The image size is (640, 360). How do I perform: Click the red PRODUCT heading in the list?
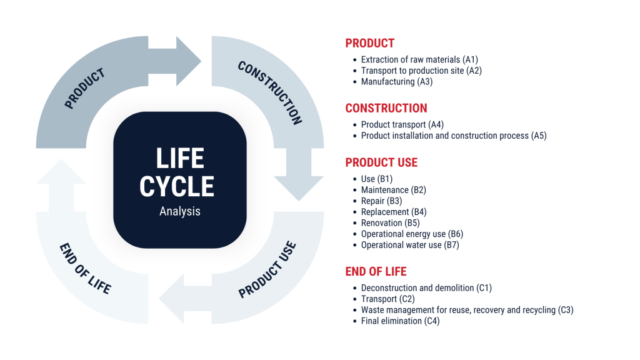(369, 43)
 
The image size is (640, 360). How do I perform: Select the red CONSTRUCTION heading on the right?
(386, 108)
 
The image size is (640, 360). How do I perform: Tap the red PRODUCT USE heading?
(381, 162)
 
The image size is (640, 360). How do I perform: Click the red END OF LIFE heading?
(376, 271)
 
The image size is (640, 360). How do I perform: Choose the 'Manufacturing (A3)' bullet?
(396, 82)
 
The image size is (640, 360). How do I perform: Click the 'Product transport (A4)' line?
(402, 125)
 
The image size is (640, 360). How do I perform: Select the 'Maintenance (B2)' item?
(393, 190)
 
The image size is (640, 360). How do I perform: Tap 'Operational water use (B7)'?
(410, 245)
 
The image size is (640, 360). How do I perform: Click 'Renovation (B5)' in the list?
(390, 223)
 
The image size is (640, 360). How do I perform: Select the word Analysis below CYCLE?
(180, 211)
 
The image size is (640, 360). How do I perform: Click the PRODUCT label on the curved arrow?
(85, 88)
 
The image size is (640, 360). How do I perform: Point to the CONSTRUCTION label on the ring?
(270, 92)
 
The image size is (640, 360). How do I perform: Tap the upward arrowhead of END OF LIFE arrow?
(61, 173)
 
